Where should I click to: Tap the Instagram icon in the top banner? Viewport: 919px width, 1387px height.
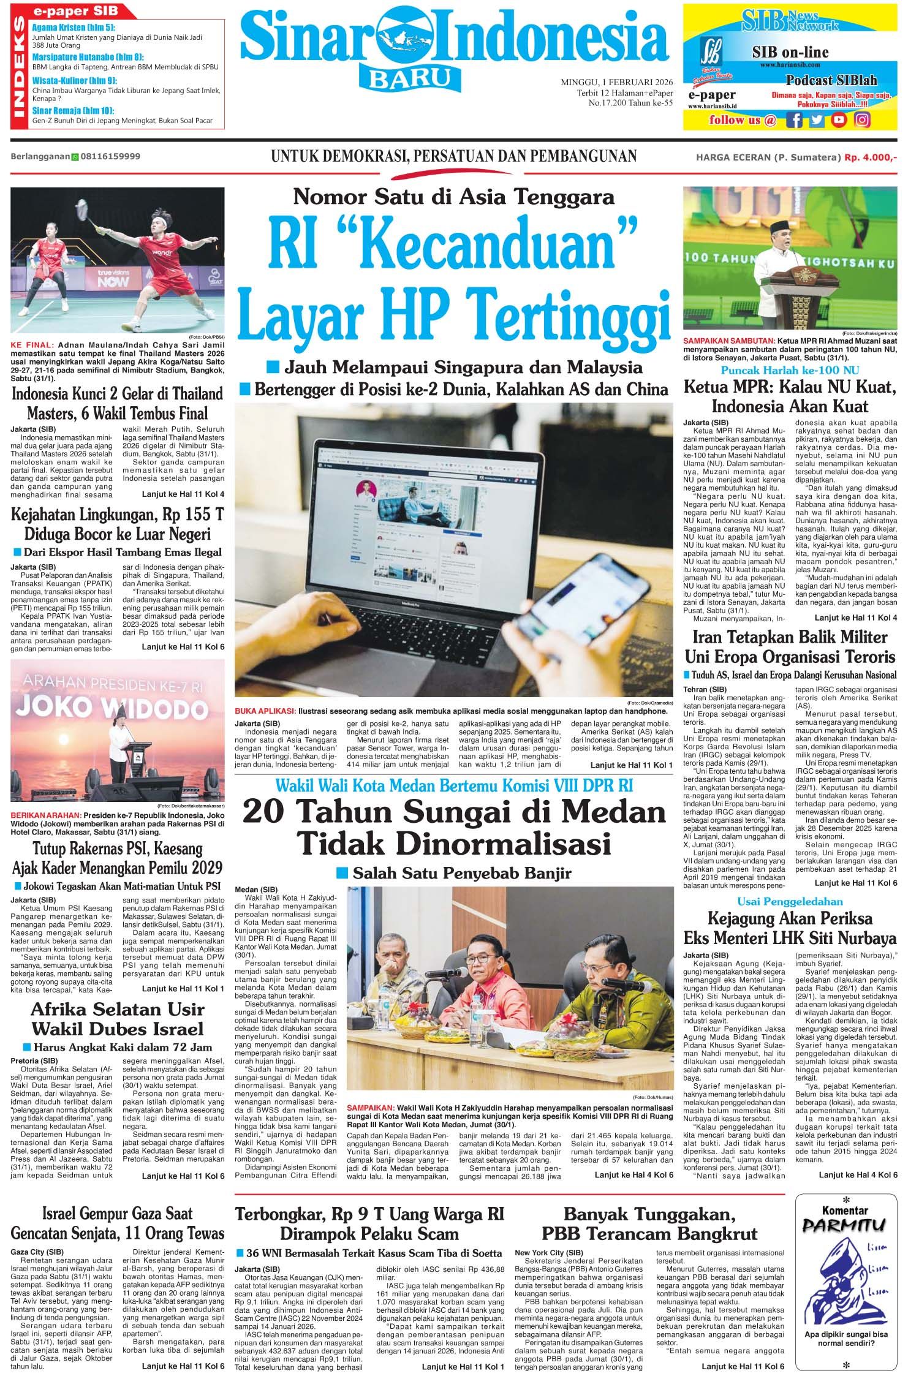[x=862, y=120]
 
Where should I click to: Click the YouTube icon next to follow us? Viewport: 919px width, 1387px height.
[x=839, y=120]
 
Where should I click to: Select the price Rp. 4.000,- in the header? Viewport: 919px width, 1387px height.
[x=871, y=157]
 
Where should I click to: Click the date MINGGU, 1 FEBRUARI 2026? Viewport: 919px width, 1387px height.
[x=617, y=82]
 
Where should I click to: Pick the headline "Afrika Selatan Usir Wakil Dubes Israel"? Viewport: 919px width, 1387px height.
[x=118, y=1019]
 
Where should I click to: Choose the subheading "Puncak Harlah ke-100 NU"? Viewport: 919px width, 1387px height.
[x=790, y=370]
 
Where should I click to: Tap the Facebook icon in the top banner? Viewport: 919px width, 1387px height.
[x=795, y=120]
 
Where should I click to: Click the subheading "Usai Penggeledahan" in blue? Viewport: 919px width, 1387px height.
[x=790, y=901]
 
